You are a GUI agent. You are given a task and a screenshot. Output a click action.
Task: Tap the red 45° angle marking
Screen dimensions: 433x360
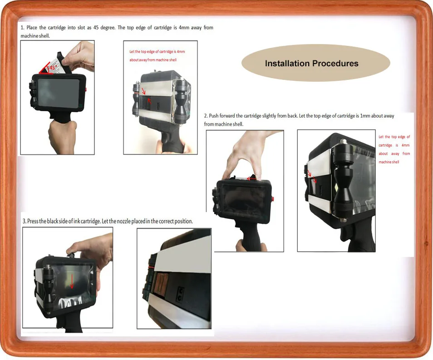[47, 68]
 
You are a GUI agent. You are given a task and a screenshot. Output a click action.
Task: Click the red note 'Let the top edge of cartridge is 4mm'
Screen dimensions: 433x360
[157, 52]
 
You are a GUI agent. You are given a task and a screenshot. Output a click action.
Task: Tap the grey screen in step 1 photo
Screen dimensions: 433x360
[59, 93]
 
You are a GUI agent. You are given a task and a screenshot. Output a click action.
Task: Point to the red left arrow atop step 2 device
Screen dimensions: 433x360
[251, 178]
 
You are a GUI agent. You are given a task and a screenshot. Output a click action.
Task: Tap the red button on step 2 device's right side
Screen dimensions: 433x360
[273, 198]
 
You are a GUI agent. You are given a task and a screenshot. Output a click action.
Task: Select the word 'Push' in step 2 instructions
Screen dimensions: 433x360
[213, 116]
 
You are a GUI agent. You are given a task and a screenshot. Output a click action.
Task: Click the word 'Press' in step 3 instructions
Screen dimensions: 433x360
[32, 221]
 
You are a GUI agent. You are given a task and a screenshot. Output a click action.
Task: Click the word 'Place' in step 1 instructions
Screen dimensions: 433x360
[32, 28]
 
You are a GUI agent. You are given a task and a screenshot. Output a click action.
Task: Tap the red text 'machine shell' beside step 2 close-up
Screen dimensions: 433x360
[389, 162]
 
